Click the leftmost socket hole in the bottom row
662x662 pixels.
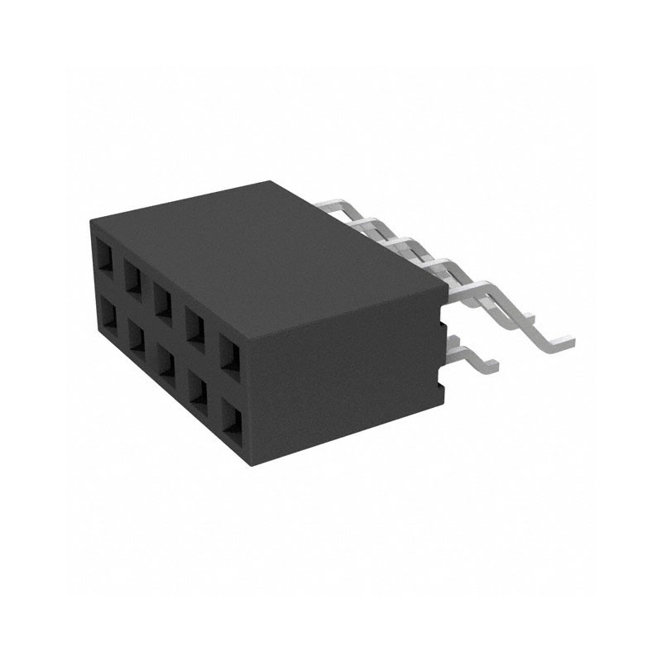pos(105,314)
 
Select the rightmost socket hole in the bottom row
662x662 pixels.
pos(233,419)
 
